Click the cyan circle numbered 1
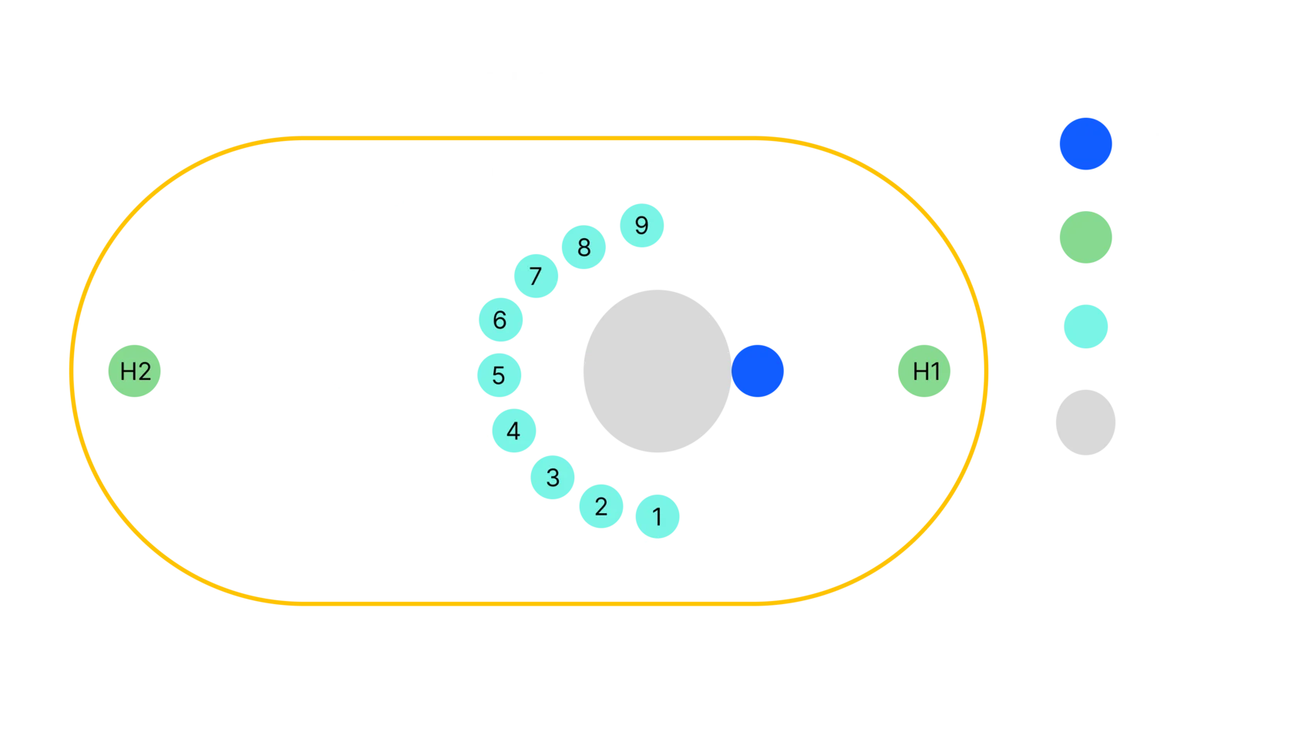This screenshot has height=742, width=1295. pyautogui.click(x=658, y=516)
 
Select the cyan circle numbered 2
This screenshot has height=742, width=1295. pyautogui.click(x=600, y=506)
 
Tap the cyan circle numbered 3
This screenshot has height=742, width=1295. pyautogui.click(x=553, y=478)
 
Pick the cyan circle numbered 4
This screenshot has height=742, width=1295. pyautogui.click(x=513, y=431)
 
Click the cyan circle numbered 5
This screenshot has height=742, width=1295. pyautogui.click(x=499, y=375)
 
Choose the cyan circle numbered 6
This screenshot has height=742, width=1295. pyautogui.click(x=499, y=320)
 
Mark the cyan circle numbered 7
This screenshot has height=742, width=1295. pyautogui.click(x=536, y=276)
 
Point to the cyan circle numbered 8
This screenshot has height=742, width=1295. pyautogui.click(x=584, y=247)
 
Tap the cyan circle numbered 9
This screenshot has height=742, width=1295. pyautogui.click(x=641, y=226)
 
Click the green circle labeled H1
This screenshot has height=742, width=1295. pyautogui.click(x=925, y=372)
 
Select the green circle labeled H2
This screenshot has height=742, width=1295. pyautogui.click(x=136, y=372)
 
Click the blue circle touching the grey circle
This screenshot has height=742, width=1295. pyautogui.click(x=758, y=371)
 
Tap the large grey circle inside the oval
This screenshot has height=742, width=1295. pyautogui.click(x=656, y=371)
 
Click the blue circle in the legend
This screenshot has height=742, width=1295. pyautogui.click(x=1085, y=144)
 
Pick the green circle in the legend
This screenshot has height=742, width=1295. pyautogui.click(x=1085, y=237)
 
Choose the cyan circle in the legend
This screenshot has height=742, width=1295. pyautogui.click(x=1085, y=327)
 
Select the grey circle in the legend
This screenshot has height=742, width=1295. pyautogui.click(x=1085, y=421)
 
